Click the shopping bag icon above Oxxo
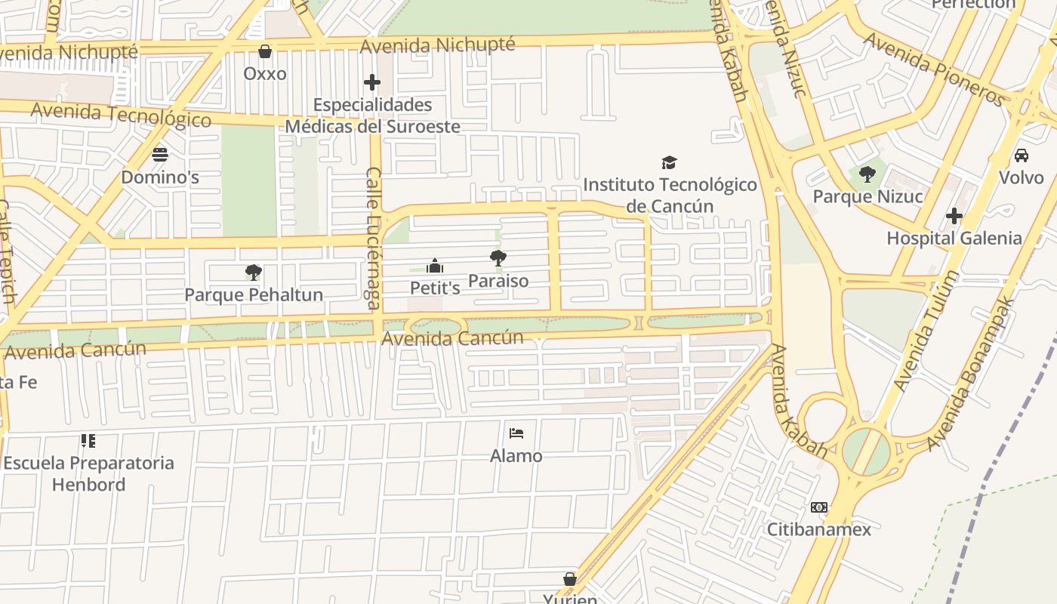tap(265, 51)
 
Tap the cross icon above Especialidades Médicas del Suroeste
tap(371, 82)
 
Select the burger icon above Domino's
tap(160, 155)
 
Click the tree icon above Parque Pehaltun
tap(254, 272)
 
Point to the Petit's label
tap(435, 288)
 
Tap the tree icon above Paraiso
tap(498, 258)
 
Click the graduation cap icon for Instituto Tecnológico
tap(669, 162)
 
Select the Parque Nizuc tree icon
tap(867, 174)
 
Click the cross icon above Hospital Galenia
tap(954, 216)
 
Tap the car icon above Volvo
tap(1021, 156)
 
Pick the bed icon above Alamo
tap(516, 433)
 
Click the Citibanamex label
tap(819, 529)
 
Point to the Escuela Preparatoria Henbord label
tap(88, 473)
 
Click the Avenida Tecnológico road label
tap(121, 115)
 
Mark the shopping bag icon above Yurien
tap(570, 579)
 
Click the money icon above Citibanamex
tap(819, 507)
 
